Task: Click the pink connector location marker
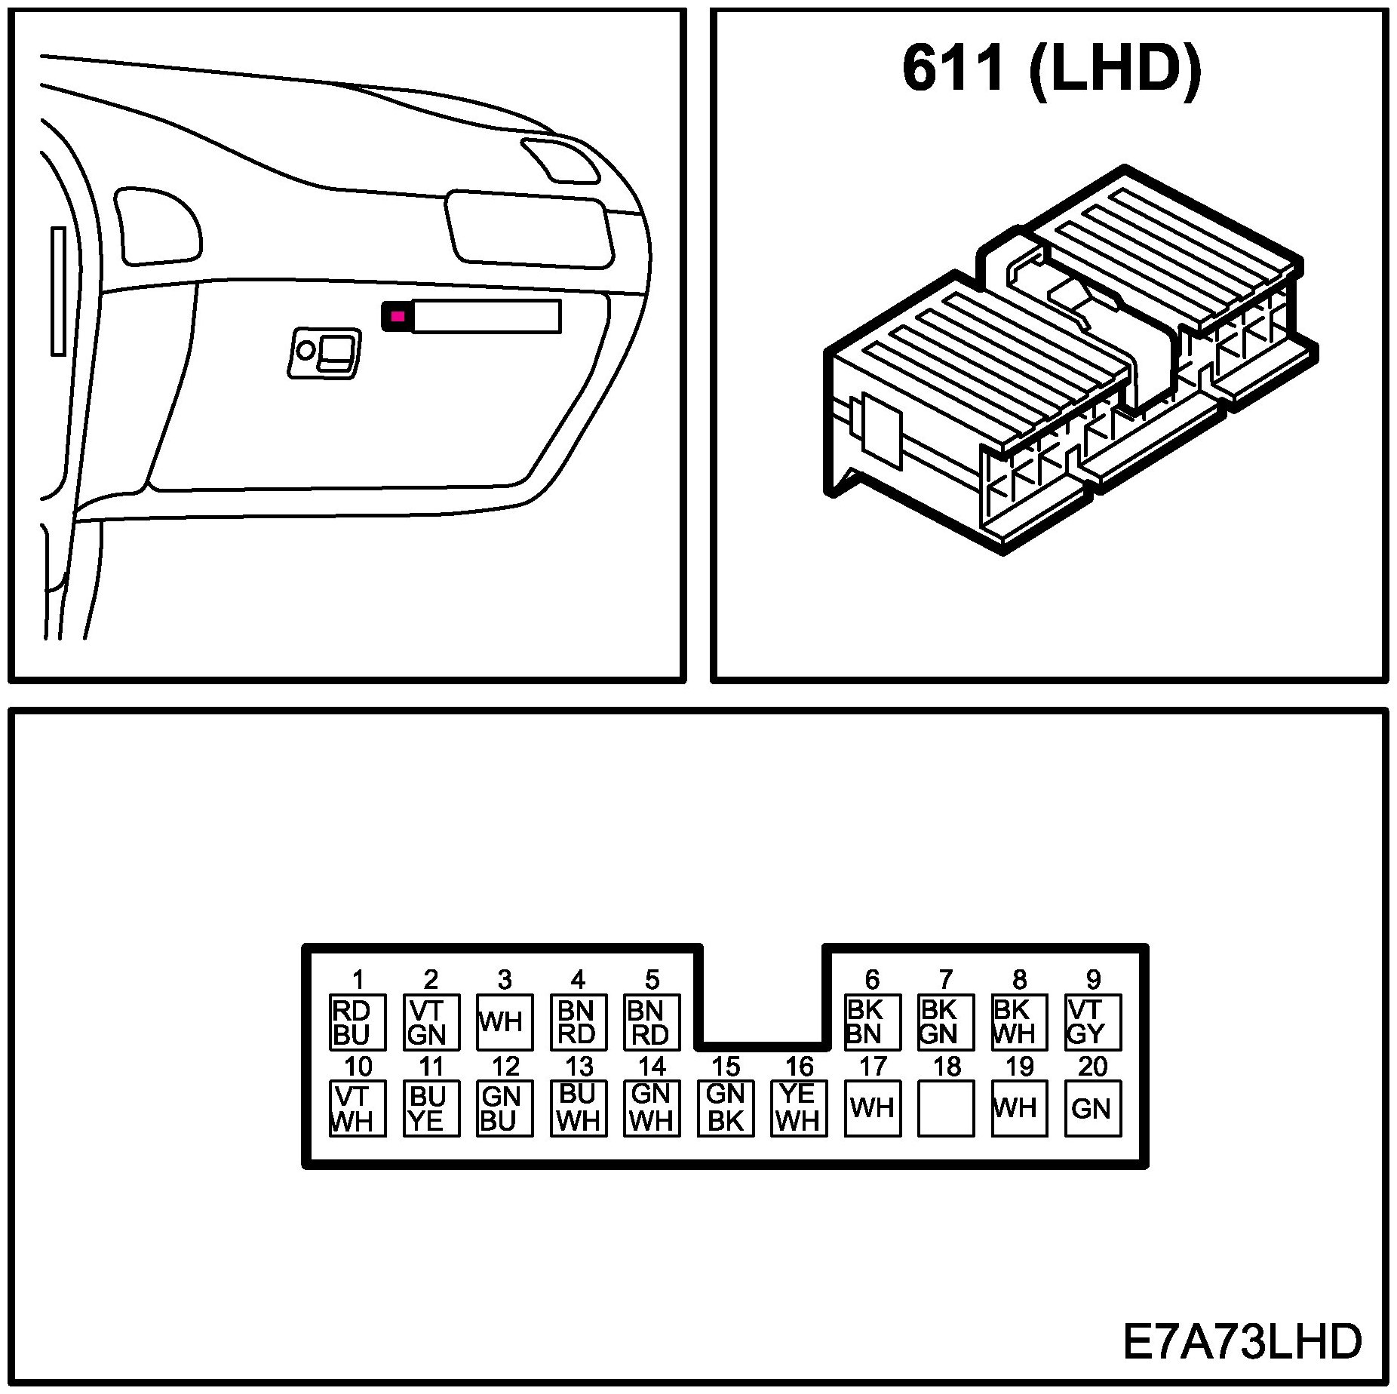tap(398, 316)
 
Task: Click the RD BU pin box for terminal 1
tap(358, 1022)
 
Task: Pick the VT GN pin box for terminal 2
tap(431, 1022)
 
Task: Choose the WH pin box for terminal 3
tap(505, 1022)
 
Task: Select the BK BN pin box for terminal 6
tap(872, 1022)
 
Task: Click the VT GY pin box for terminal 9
tap(1093, 1022)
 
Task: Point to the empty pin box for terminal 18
tap(946, 1108)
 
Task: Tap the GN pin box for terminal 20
tap(1093, 1108)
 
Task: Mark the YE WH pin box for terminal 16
tap(799, 1108)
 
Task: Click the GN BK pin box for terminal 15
tap(726, 1108)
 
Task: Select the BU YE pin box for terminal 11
tap(431, 1108)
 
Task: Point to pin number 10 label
tap(358, 1067)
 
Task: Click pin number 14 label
tap(652, 1067)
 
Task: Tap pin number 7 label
tap(946, 980)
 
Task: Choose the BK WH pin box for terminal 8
tap(1019, 1022)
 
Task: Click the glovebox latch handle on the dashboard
tap(325, 352)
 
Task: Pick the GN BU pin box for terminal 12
tap(505, 1108)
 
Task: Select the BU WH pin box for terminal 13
tap(579, 1108)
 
